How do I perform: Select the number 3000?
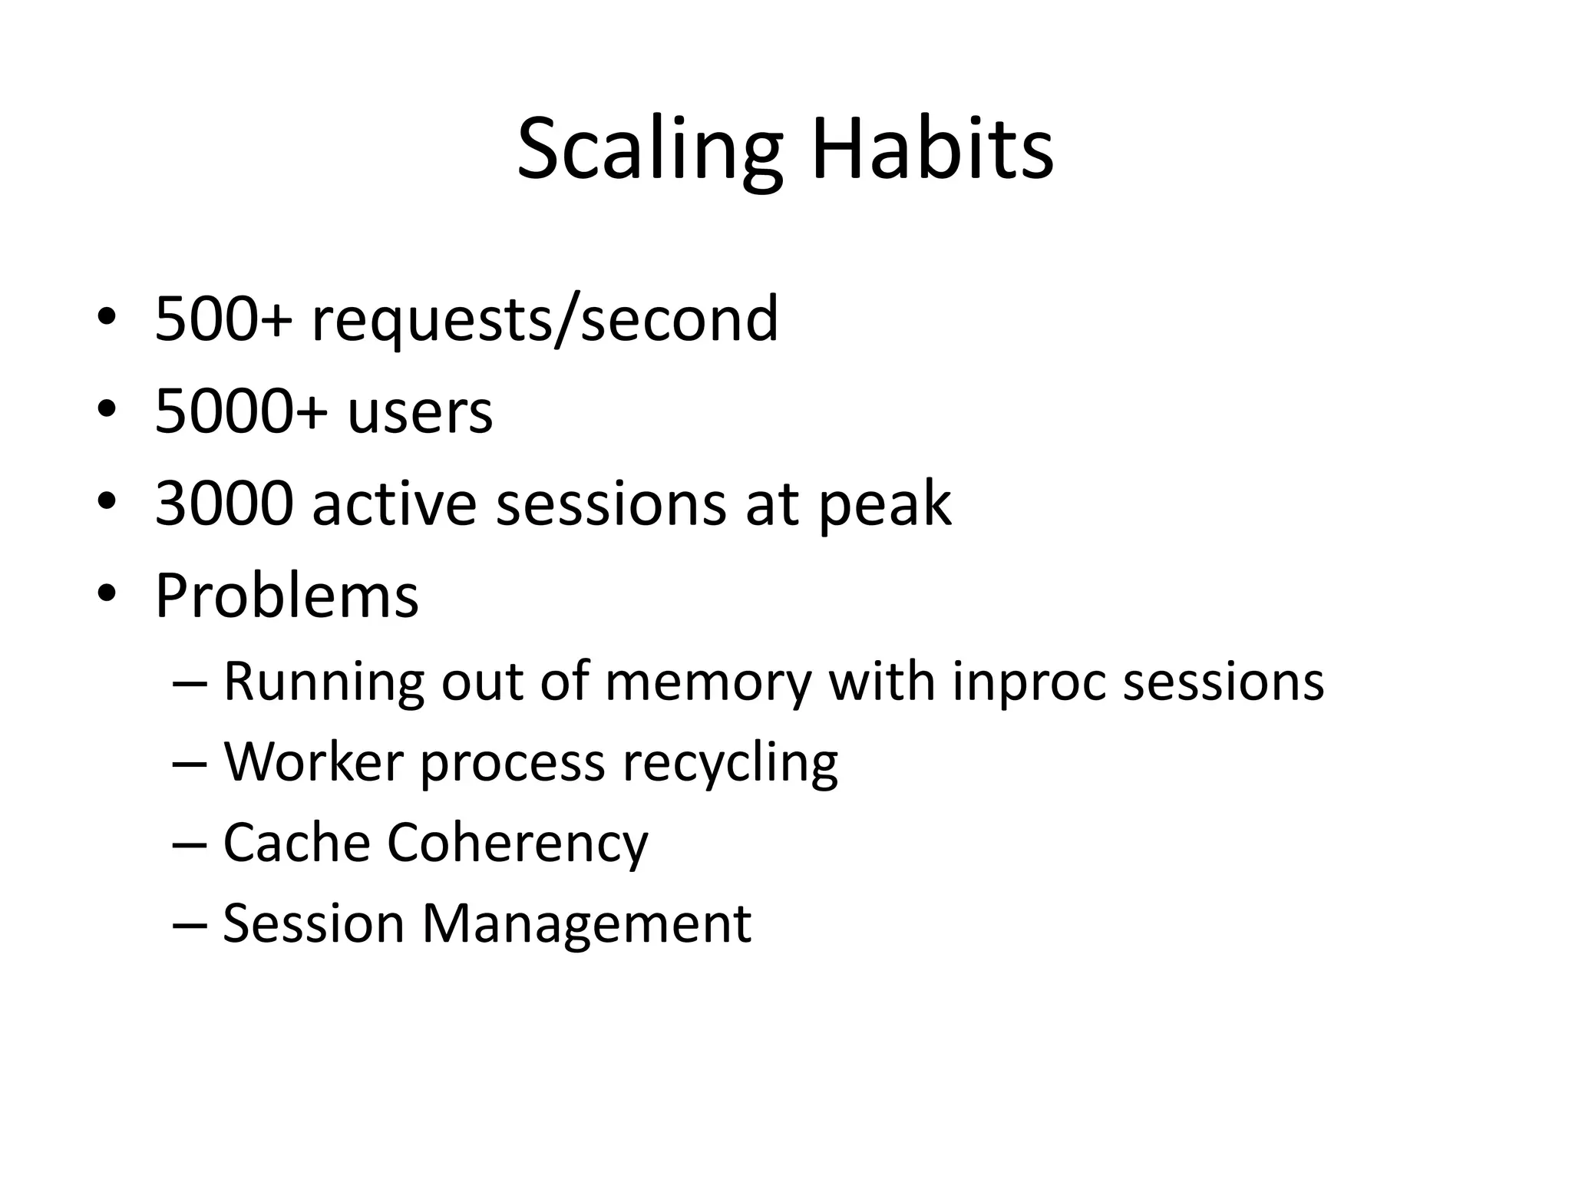224,504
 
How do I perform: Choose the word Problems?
286,596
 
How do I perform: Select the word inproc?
1028,683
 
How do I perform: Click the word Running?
323,683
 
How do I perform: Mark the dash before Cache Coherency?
190,844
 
